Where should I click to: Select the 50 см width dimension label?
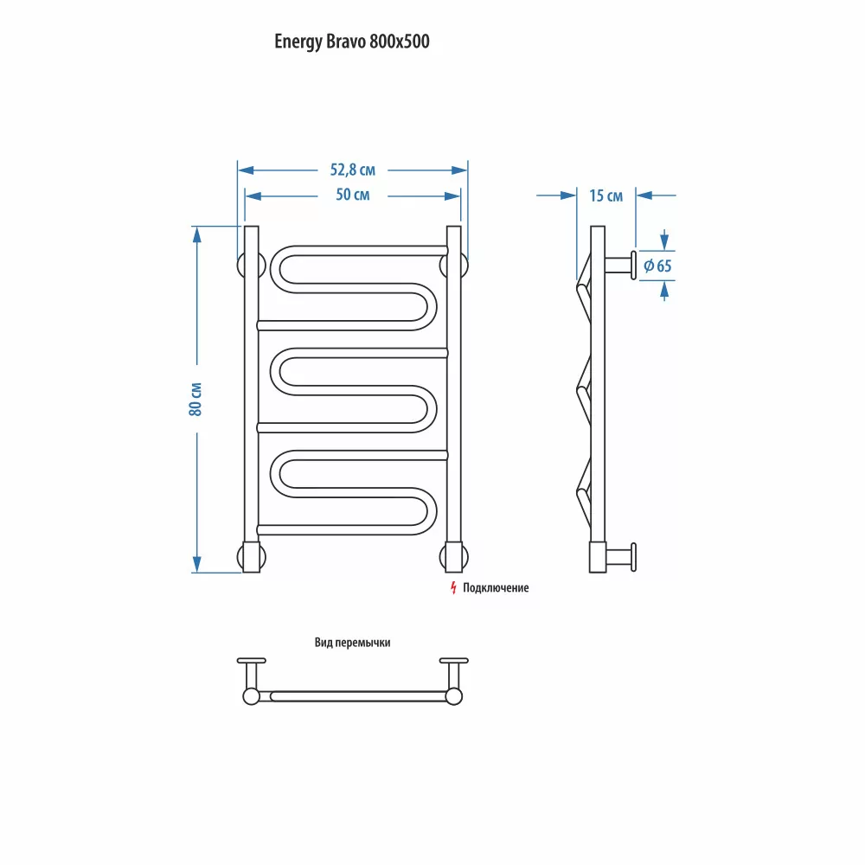pos(352,195)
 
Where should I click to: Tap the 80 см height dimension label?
pos(196,399)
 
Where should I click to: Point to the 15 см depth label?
pos(605,195)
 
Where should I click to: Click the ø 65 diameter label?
pos(657,266)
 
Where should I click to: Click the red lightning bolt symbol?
pos(452,588)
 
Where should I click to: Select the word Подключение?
pos(495,588)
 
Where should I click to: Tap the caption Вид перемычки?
pos(353,643)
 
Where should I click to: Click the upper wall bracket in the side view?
pos(621,264)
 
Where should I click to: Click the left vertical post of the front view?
pos(252,398)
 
